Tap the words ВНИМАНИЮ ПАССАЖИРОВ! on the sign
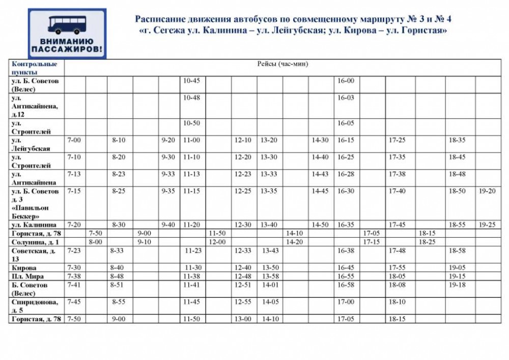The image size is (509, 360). click(x=67, y=46)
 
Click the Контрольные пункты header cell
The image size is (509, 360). click(x=35, y=68)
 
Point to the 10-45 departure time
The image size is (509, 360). click(x=191, y=81)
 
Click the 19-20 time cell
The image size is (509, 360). click(x=488, y=191)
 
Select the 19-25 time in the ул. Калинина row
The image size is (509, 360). click(x=488, y=225)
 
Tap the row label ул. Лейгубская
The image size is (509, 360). click(x=31, y=144)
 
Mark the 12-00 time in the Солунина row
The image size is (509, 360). click(x=217, y=242)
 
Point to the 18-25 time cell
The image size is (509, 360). click(x=427, y=242)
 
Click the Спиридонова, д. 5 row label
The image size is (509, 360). click(x=34, y=306)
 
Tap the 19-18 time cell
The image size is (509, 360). click(x=458, y=285)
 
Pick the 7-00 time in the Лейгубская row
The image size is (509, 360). click(x=74, y=140)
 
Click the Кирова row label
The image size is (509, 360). click(x=24, y=268)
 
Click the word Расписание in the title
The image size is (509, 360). click(x=157, y=19)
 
